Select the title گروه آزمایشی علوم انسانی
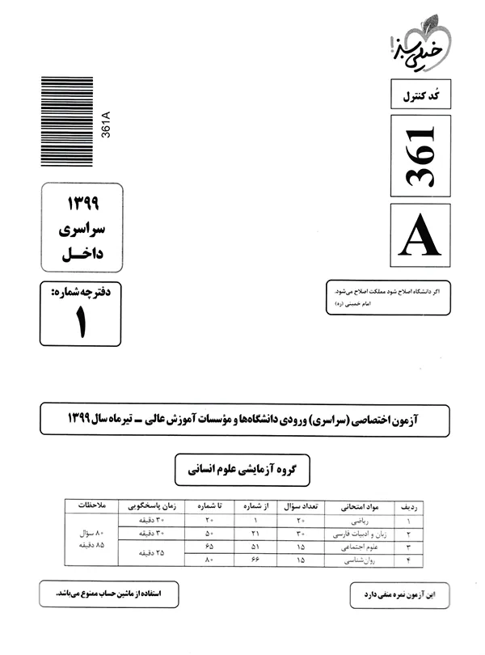pos(242,468)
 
